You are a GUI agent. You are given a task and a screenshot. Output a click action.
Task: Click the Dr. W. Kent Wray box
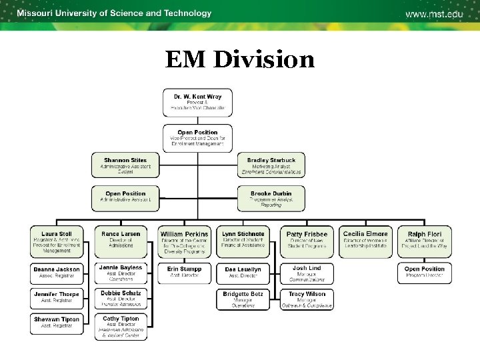197,102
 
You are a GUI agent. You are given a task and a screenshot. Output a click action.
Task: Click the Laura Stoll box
56,241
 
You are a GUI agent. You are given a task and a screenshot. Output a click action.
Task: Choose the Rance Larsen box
121,241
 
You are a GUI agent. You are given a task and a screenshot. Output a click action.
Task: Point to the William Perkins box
185,241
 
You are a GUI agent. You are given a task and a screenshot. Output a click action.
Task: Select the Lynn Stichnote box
243,241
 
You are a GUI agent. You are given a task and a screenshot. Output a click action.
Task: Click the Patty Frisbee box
307,241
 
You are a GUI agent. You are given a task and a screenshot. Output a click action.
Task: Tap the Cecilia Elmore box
365,241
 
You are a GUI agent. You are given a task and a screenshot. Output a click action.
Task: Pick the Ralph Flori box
425,241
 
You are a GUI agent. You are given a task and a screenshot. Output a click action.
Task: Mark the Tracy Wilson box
307,299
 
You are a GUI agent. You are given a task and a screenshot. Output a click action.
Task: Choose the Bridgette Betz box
243,299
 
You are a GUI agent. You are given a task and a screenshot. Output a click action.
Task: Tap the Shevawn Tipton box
56,323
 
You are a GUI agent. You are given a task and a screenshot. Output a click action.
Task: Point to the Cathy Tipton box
121,326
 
